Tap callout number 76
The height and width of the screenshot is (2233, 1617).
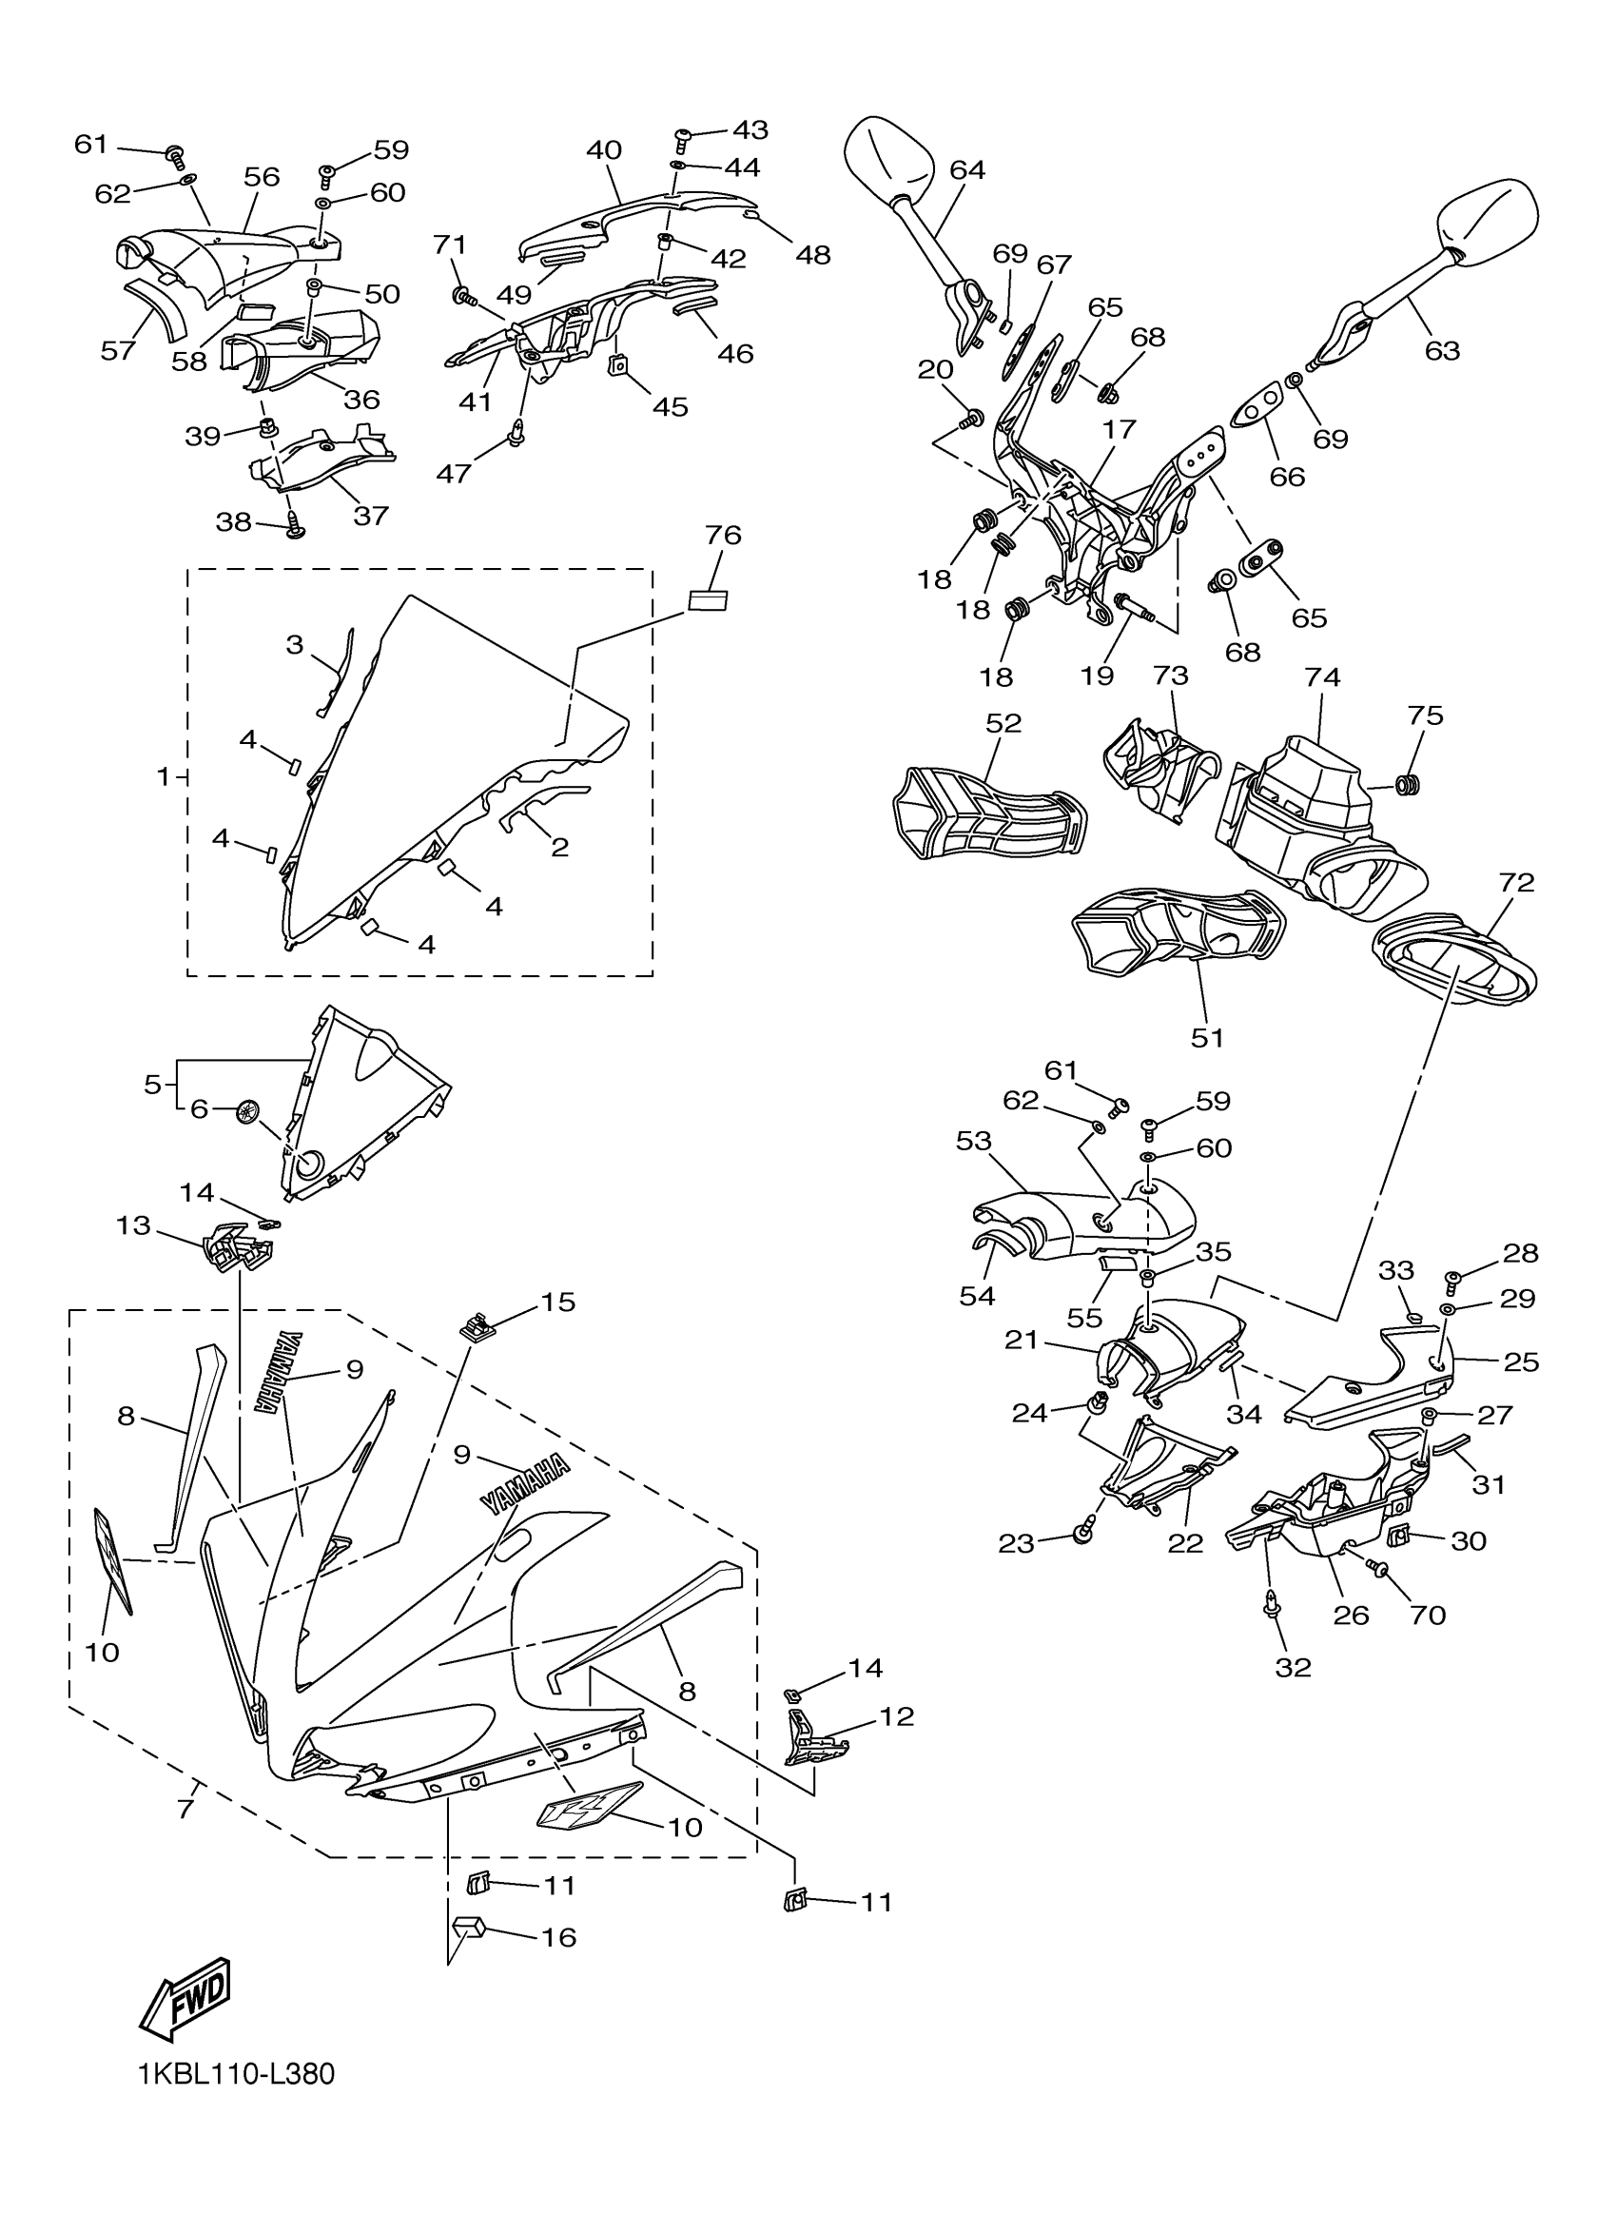pyautogui.click(x=723, y=536)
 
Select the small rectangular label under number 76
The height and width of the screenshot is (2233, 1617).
pyautogui.click(x=708, y=599)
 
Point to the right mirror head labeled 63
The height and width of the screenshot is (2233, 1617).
pyautogui.click(x=1490, y=222)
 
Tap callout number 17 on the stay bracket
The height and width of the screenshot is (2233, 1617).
pyautogui.click(x=1120, y=429)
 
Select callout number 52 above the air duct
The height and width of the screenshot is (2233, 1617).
pyautogui.click(x=1003, y=723)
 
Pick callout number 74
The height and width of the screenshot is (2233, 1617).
pyautogui.click(x=1323, y=677)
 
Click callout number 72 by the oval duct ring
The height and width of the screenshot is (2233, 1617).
pyautogui.click(x=1516, y=882)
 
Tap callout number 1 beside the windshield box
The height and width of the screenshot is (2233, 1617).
pyautogui.click(x=164, y=776)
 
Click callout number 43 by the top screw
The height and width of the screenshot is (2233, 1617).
pyautogui.click(x=750, y=129)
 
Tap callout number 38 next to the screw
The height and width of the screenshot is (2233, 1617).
pyautogui.click(x=233, y=521)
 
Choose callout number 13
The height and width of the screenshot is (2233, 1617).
pyautogui.click(x=133, y=1224)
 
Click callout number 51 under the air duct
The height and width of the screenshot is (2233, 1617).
pyautogui.click(x=1208, y=1037)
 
